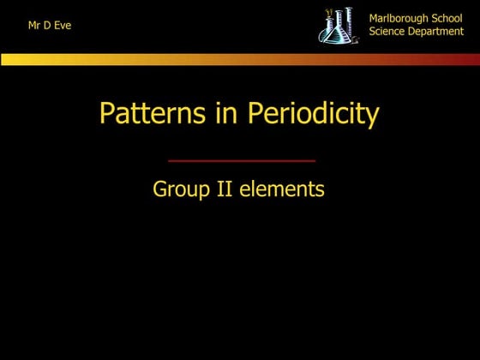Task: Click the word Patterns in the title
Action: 149,114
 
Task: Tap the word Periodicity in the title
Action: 314,114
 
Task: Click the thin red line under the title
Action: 241,160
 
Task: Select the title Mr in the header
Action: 35,26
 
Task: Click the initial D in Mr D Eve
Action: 48,26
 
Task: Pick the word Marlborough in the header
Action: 399,18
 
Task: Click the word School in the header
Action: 446,18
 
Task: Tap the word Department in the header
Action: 438,32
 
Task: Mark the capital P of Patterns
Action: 107,114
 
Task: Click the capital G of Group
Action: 159,189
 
